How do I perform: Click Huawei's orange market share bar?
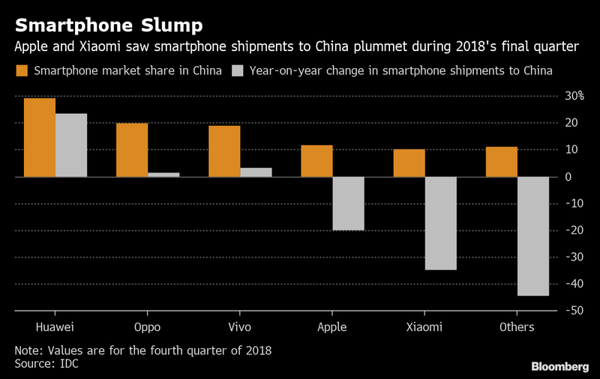pos(40,137)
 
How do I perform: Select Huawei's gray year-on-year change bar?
pos(71,145)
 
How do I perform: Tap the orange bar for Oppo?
pos(132,150)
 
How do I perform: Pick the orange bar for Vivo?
pos(224,151)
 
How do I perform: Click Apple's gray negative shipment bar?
pos(349,203)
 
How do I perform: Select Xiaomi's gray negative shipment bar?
pos(440,223)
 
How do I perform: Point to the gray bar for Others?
pos(533,236)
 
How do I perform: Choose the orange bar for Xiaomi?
pos(409,163)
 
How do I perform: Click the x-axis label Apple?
pos(332,327)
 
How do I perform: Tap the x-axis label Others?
pos(517,327)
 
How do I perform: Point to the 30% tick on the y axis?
pos(574,96)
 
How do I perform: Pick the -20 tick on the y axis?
pos(574,230)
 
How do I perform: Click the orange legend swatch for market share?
pos(22,71)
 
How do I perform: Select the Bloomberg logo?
pos(559,365)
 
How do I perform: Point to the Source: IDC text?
pos(46,363)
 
